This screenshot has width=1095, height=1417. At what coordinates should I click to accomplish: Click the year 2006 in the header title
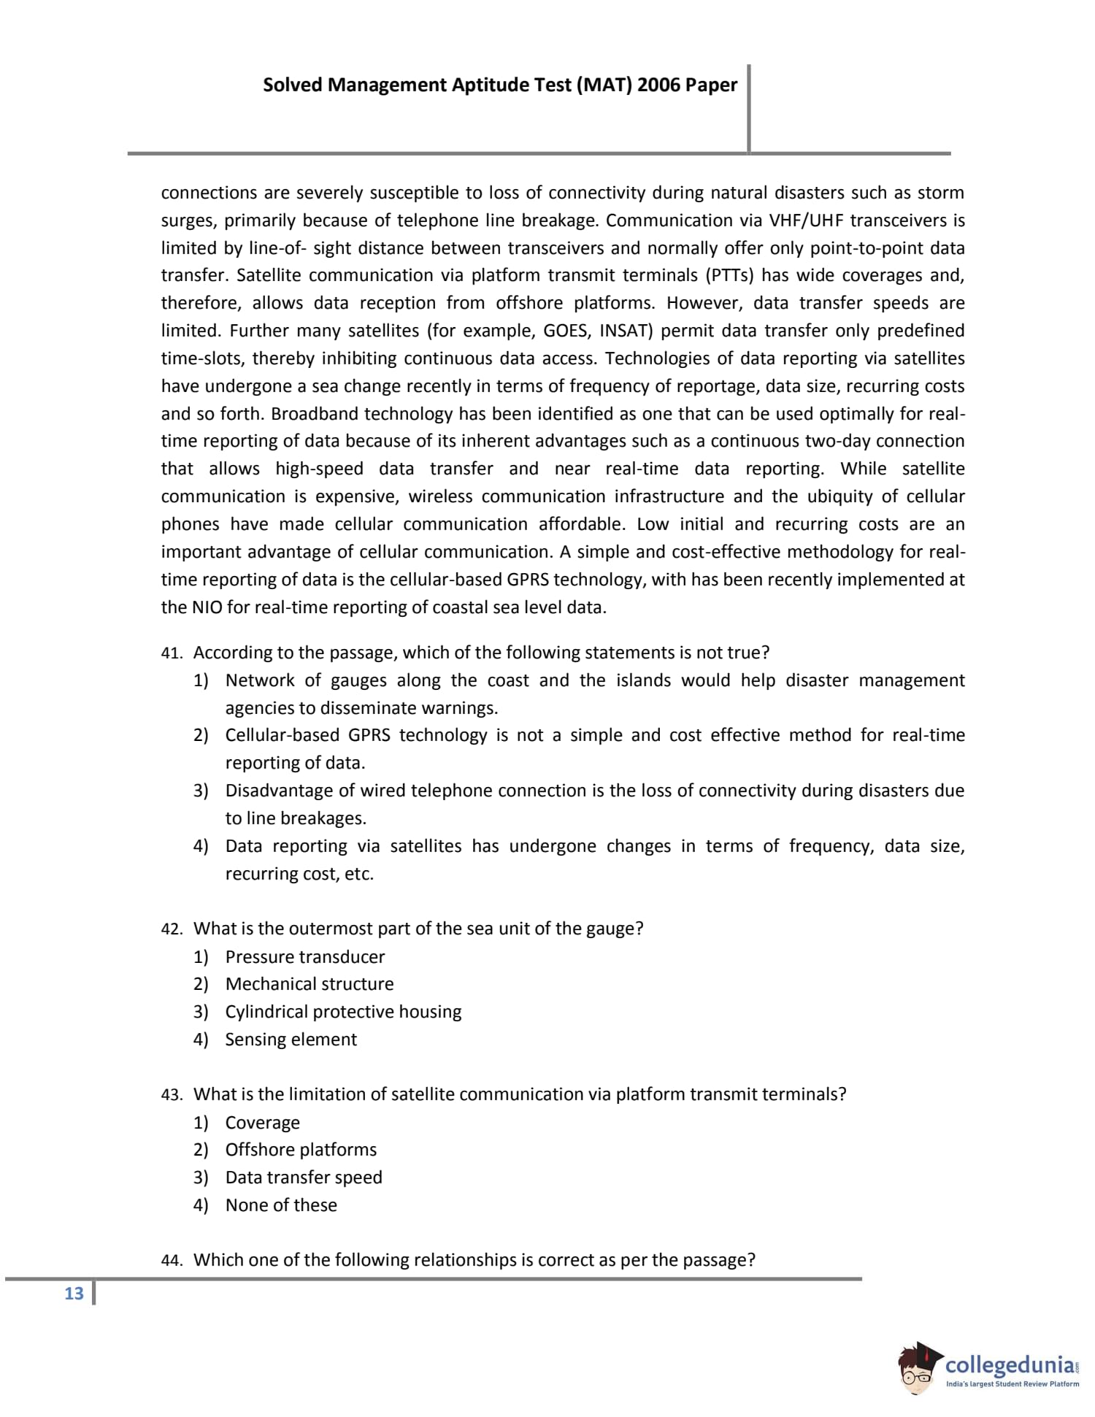click(x=658, y=85)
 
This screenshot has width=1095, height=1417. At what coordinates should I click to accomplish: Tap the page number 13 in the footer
click(x=74, y=1294)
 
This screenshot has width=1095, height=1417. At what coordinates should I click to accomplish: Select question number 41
click(x=171, y=653)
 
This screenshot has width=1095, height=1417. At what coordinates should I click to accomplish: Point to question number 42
click(x=171, y=929)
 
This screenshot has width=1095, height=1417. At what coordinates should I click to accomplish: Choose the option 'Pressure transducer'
click(x=304, y=957)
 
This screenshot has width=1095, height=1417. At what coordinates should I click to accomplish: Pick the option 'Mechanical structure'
click(x=309, y=984)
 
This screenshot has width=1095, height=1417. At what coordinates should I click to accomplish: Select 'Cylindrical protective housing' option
click(x=343, y=1012)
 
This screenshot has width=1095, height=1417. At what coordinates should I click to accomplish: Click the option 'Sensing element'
click(x=291, y=1040)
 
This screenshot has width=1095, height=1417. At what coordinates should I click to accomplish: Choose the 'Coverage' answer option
click(x=262, y=1123)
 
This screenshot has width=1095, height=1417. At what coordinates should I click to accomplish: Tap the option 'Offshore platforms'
click(x=301, y=1150)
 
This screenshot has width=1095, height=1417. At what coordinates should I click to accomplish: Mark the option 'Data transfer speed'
click(x=304, y=1178)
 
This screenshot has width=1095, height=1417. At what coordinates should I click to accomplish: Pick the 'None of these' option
click(x=281, y=1205)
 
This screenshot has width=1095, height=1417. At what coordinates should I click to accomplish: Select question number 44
click(x=171, y=1261)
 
